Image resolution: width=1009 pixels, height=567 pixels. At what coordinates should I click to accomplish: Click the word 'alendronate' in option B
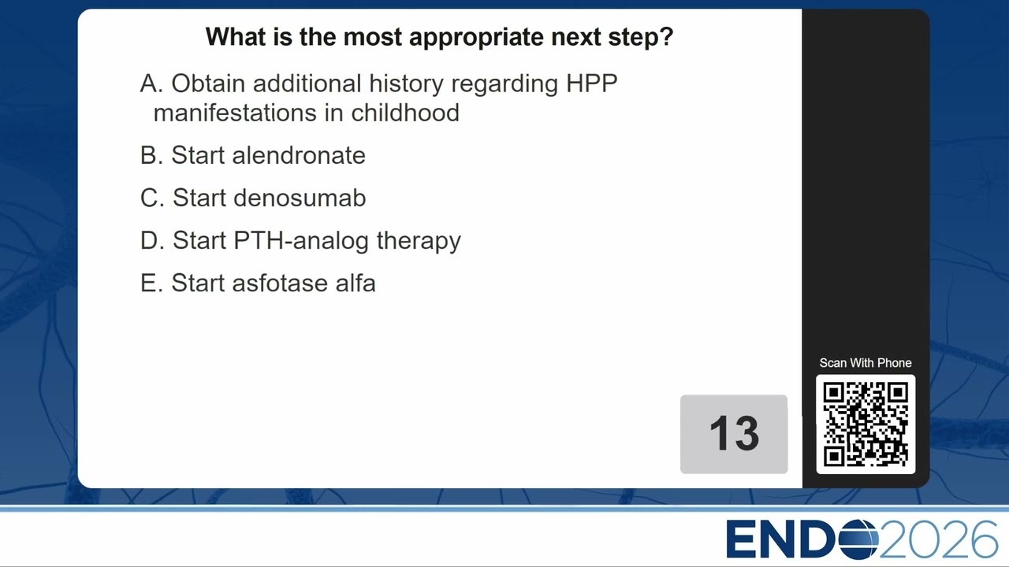[x=299, y=156]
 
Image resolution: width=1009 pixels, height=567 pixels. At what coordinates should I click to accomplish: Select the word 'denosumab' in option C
[x=300, y=198]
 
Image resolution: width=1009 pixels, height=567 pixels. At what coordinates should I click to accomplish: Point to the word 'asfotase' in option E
[x=280, y=283]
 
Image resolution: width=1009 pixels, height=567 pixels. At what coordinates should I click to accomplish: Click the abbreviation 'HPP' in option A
[x=591, y=83]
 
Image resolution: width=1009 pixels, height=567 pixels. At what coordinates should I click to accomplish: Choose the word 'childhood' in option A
[x=405, y=113]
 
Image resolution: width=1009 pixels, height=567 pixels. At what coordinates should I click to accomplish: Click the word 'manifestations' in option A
[x=235, y=113]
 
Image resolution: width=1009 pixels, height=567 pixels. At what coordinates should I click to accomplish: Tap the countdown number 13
[x=734, y=433]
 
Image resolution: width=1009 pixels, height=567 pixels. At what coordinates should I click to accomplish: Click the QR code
[x=866, y=424]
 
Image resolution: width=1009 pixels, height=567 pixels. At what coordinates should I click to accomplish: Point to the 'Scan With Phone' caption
[x=866, y=363]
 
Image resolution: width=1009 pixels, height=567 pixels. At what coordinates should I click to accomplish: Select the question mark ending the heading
[x=666, y=36]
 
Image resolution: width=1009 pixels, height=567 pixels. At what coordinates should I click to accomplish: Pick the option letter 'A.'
[x=151, y=83]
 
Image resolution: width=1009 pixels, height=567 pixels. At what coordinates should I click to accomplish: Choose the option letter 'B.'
[x=151, y=156]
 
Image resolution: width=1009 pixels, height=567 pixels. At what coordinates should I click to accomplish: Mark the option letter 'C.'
[x=152, y=198]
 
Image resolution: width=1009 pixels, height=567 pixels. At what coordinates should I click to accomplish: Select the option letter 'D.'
[x=152, y=241]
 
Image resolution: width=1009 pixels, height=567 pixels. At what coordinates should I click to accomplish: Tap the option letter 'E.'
[x=151, y=283]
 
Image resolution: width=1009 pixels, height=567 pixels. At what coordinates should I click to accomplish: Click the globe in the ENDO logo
[x=858, y=539]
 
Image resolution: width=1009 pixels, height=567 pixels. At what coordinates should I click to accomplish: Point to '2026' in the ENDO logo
[x=938, y=539]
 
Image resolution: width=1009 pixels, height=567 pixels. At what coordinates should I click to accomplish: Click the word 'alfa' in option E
[x=356, y=283]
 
